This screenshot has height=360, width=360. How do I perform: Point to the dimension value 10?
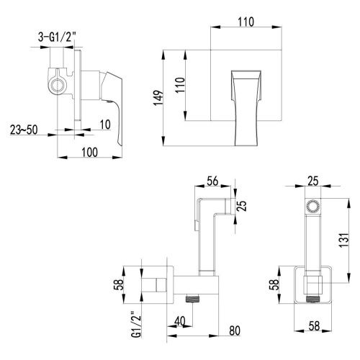click(x=107, y=125)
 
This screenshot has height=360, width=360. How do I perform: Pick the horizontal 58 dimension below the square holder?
click(x=314, y=325)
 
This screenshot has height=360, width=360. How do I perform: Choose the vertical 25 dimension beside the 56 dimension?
click(x=243, y=207)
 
